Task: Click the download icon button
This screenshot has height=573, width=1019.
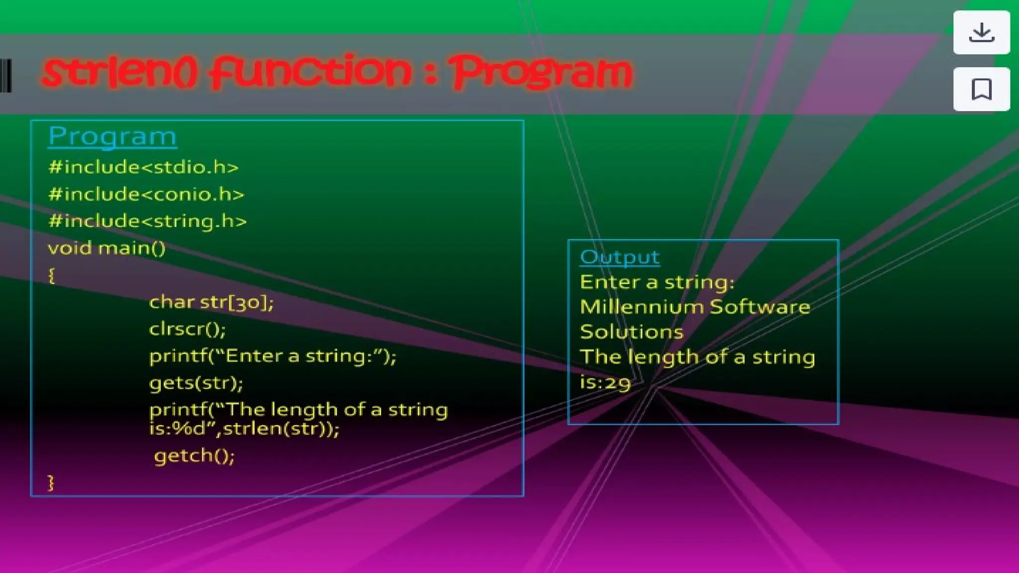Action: pos(981,32)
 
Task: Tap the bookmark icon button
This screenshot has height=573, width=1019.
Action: pos(981,89)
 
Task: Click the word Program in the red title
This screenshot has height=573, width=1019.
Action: pos(540,73)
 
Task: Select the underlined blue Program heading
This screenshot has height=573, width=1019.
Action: pos(112,136)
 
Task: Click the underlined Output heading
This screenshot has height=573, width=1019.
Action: pos(619,257)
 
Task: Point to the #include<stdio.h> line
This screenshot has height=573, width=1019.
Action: pos(143,167)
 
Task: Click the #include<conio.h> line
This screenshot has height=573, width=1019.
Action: pos(146,194)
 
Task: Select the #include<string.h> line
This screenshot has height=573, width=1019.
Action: pos(147,221)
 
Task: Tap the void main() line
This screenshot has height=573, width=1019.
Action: pos(106,248)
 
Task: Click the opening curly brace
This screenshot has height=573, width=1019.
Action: pos(51,275)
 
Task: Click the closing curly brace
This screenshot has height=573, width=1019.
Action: pos(51,482)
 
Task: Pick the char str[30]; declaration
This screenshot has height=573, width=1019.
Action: pos(211,302)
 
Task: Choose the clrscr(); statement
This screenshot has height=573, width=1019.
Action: pos(187,329)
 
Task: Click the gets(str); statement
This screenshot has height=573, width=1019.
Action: pos(196,382)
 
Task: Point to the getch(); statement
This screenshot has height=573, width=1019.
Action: pos(194,456)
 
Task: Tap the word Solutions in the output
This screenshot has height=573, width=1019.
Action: pos(631,332)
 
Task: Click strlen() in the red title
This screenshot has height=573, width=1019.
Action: pos(119,73)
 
